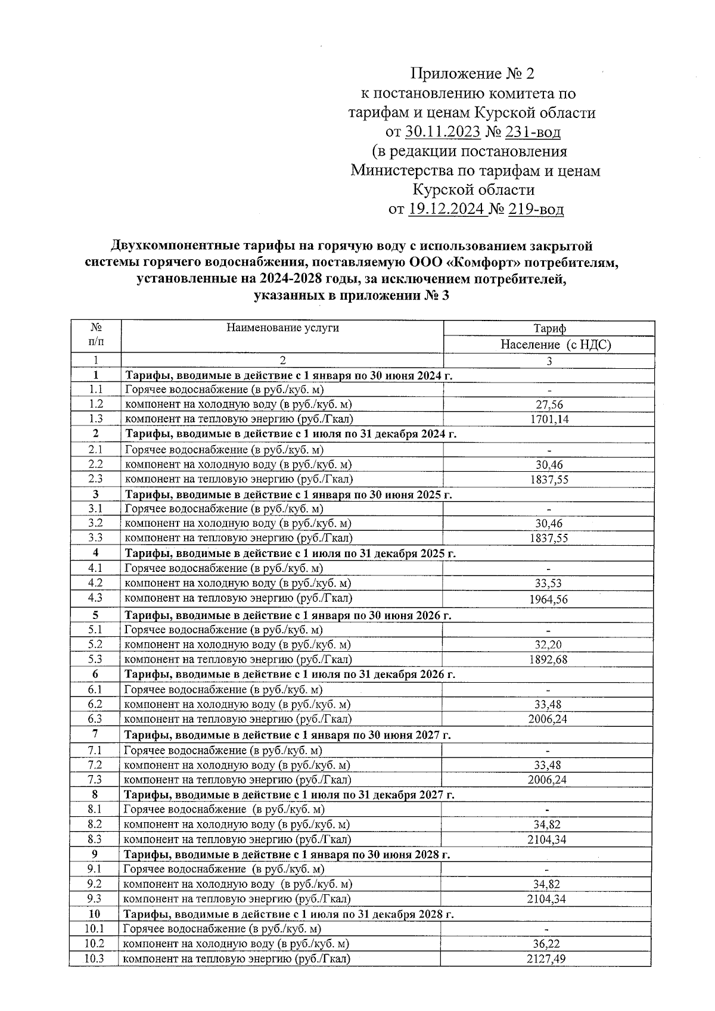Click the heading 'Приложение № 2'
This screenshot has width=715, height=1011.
pyautogui.click(x=472, y=74)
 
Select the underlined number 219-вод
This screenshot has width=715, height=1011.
pyautogui.click(x=536, y=210)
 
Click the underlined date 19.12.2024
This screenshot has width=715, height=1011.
pyautogui.click(x=447, y=210)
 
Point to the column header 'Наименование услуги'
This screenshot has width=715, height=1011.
pyautogui.click(x=282, y=328)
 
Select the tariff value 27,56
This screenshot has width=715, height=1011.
pyautogui.click(x=549, y=405)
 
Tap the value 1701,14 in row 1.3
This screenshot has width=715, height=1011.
pyautogui.click(x=549, y=419)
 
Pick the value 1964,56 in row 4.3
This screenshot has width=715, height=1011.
pyautogui.click(x=548, y=599)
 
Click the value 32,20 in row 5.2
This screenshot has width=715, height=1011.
pyautogui.click(x=548, y=645)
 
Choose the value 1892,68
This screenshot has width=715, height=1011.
pyautogui.click(x=548, y=660)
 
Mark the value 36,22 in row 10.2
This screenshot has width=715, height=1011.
pyautogui.click(x=546, y=944)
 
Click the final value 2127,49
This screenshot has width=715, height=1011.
pyautogui.click(x=546, y=959)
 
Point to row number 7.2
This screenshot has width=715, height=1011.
pyautogui.click(x=95, y=765)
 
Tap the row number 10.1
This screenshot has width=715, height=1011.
pyautogui.click(x=94, y=929)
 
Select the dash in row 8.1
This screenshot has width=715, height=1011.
pyautogui.click(x=548, y=810)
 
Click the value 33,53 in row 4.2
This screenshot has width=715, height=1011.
pyautogui.click(x=548, y=583)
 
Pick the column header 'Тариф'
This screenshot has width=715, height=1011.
pyautogui.click(x=549, y=328)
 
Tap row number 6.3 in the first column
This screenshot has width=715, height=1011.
pyautogui.click(x=95, y=719)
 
